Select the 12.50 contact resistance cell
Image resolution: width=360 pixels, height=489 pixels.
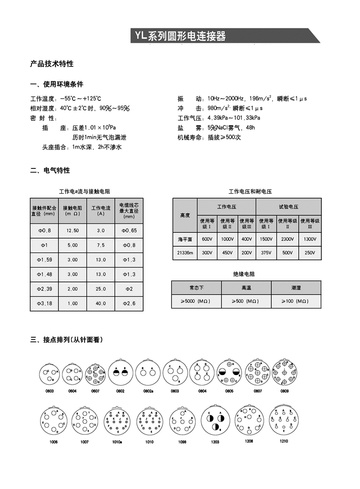(72, 231)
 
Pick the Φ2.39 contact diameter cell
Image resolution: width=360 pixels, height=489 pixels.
(44, 289)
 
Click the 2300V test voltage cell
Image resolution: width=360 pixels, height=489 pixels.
(287, 239)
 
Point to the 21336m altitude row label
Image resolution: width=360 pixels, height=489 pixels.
(184, 253)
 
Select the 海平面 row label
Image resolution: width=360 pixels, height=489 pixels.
(184, 239)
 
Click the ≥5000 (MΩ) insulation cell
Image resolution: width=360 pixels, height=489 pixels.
(196, 301)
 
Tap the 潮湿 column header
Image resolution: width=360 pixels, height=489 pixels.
(296, 287)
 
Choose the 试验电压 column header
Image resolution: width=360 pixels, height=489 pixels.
(288, 207)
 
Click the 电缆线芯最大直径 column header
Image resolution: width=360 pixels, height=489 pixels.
(129, 210)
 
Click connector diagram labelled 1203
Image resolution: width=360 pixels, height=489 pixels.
(215, 423)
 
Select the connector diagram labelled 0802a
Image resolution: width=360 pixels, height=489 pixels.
(148, 372)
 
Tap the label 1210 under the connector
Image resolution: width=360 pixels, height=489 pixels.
(283, 441)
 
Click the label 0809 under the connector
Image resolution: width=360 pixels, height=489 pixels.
(284, 391)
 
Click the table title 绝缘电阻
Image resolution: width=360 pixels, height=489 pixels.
(247, 274)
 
